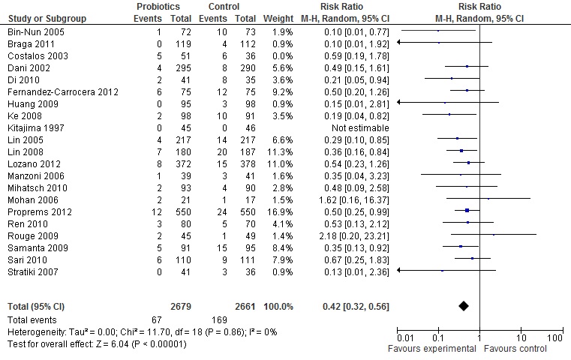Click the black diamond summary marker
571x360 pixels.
coord(463,305)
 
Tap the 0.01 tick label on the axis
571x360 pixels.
coord(405,338)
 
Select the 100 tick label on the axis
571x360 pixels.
coord(555,338)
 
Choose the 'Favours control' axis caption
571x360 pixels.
coord(514,349)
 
